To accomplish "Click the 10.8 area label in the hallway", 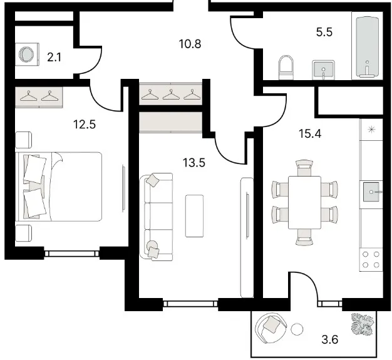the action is pos(190,44).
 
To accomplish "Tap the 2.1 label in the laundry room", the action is pos(54,58).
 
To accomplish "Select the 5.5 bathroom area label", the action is pos(324,33).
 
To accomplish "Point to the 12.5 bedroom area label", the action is pos(85,124).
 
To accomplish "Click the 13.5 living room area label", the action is pos(194,163).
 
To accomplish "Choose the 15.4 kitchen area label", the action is pos(310,134).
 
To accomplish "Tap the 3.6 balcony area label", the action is pos(330,339).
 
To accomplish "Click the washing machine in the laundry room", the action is pos(28,54).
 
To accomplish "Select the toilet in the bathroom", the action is pos(286,68).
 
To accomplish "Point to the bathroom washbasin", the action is pos(324,69).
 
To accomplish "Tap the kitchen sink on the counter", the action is pos(371,192).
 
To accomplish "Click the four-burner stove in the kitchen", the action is pos(371,259).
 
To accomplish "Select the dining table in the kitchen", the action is pos(304,202).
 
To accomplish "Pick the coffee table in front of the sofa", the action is pos(194,216).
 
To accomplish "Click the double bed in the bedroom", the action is pos(59,187).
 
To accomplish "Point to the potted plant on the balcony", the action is pos(362,324).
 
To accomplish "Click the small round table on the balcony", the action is pos(297,329).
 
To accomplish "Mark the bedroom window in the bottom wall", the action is pos(72,254).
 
